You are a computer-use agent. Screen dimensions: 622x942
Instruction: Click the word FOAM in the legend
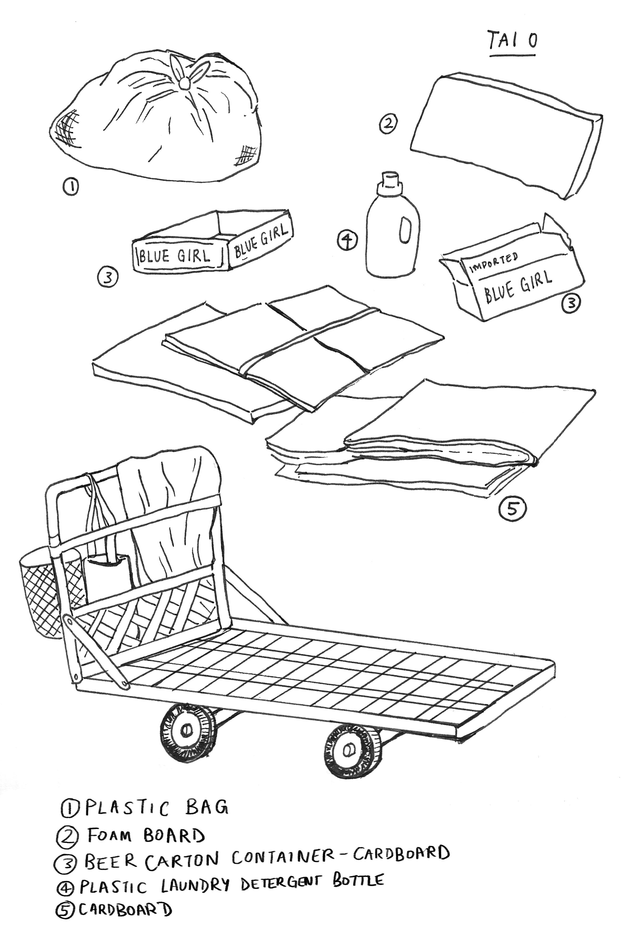[109, 836]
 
